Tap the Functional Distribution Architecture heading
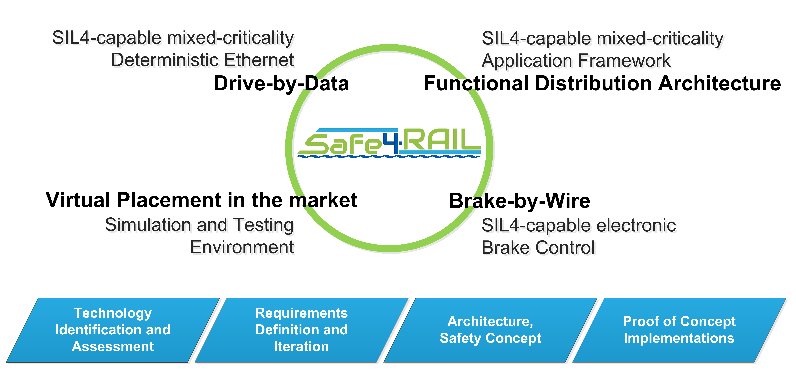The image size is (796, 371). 602,83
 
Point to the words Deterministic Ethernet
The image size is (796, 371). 203,60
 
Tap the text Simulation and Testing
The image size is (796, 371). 199,225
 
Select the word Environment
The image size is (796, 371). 242,247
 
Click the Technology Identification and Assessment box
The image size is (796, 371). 113,330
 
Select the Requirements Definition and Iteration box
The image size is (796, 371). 302,330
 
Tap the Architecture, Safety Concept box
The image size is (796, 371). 490,330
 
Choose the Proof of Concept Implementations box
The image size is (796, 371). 679,330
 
